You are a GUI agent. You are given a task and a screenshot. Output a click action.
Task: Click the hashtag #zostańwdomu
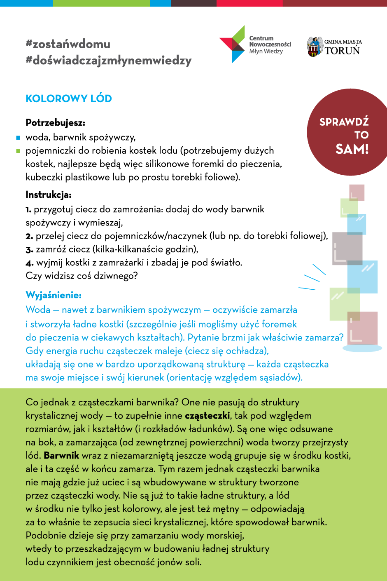tap(68, 44)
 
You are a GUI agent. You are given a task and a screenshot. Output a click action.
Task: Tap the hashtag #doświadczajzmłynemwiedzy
tap(109, 61)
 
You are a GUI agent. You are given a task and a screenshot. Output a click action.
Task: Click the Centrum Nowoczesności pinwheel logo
tap(232, 45)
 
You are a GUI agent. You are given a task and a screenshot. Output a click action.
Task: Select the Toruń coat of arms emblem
tap(315, 47)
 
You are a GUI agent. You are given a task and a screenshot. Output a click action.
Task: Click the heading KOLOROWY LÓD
tap(69, 99)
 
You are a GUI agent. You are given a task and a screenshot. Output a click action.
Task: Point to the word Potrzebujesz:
tap(55, 123)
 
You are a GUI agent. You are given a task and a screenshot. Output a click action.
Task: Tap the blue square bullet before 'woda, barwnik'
tap(18, 138)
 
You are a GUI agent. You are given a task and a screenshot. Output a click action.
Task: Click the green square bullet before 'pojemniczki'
tap(18, 151)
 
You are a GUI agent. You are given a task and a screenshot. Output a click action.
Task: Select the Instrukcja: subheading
tap(49, 195)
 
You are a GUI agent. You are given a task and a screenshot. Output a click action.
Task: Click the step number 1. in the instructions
tap(28, 210)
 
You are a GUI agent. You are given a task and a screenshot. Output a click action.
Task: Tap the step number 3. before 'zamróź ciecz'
tap(29, 250)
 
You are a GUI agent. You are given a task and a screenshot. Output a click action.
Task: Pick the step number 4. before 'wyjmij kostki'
tap(29, 263)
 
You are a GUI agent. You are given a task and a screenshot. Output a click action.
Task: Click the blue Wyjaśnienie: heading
tap(54, 295)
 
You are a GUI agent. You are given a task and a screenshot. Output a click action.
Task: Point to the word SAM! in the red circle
tap(352, 149)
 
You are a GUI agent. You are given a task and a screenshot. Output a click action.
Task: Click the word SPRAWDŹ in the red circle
tap(344, 122)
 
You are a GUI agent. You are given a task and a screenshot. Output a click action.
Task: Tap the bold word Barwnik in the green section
tap(61, 456)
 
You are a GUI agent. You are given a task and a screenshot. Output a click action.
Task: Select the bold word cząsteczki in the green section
tap(207, 416)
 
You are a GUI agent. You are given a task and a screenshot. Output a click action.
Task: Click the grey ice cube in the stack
tap(347, 248)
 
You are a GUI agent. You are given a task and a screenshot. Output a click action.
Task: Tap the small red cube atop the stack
tap(357, 193)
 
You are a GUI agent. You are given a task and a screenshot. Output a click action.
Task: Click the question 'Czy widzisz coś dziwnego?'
tap(82, 276)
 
